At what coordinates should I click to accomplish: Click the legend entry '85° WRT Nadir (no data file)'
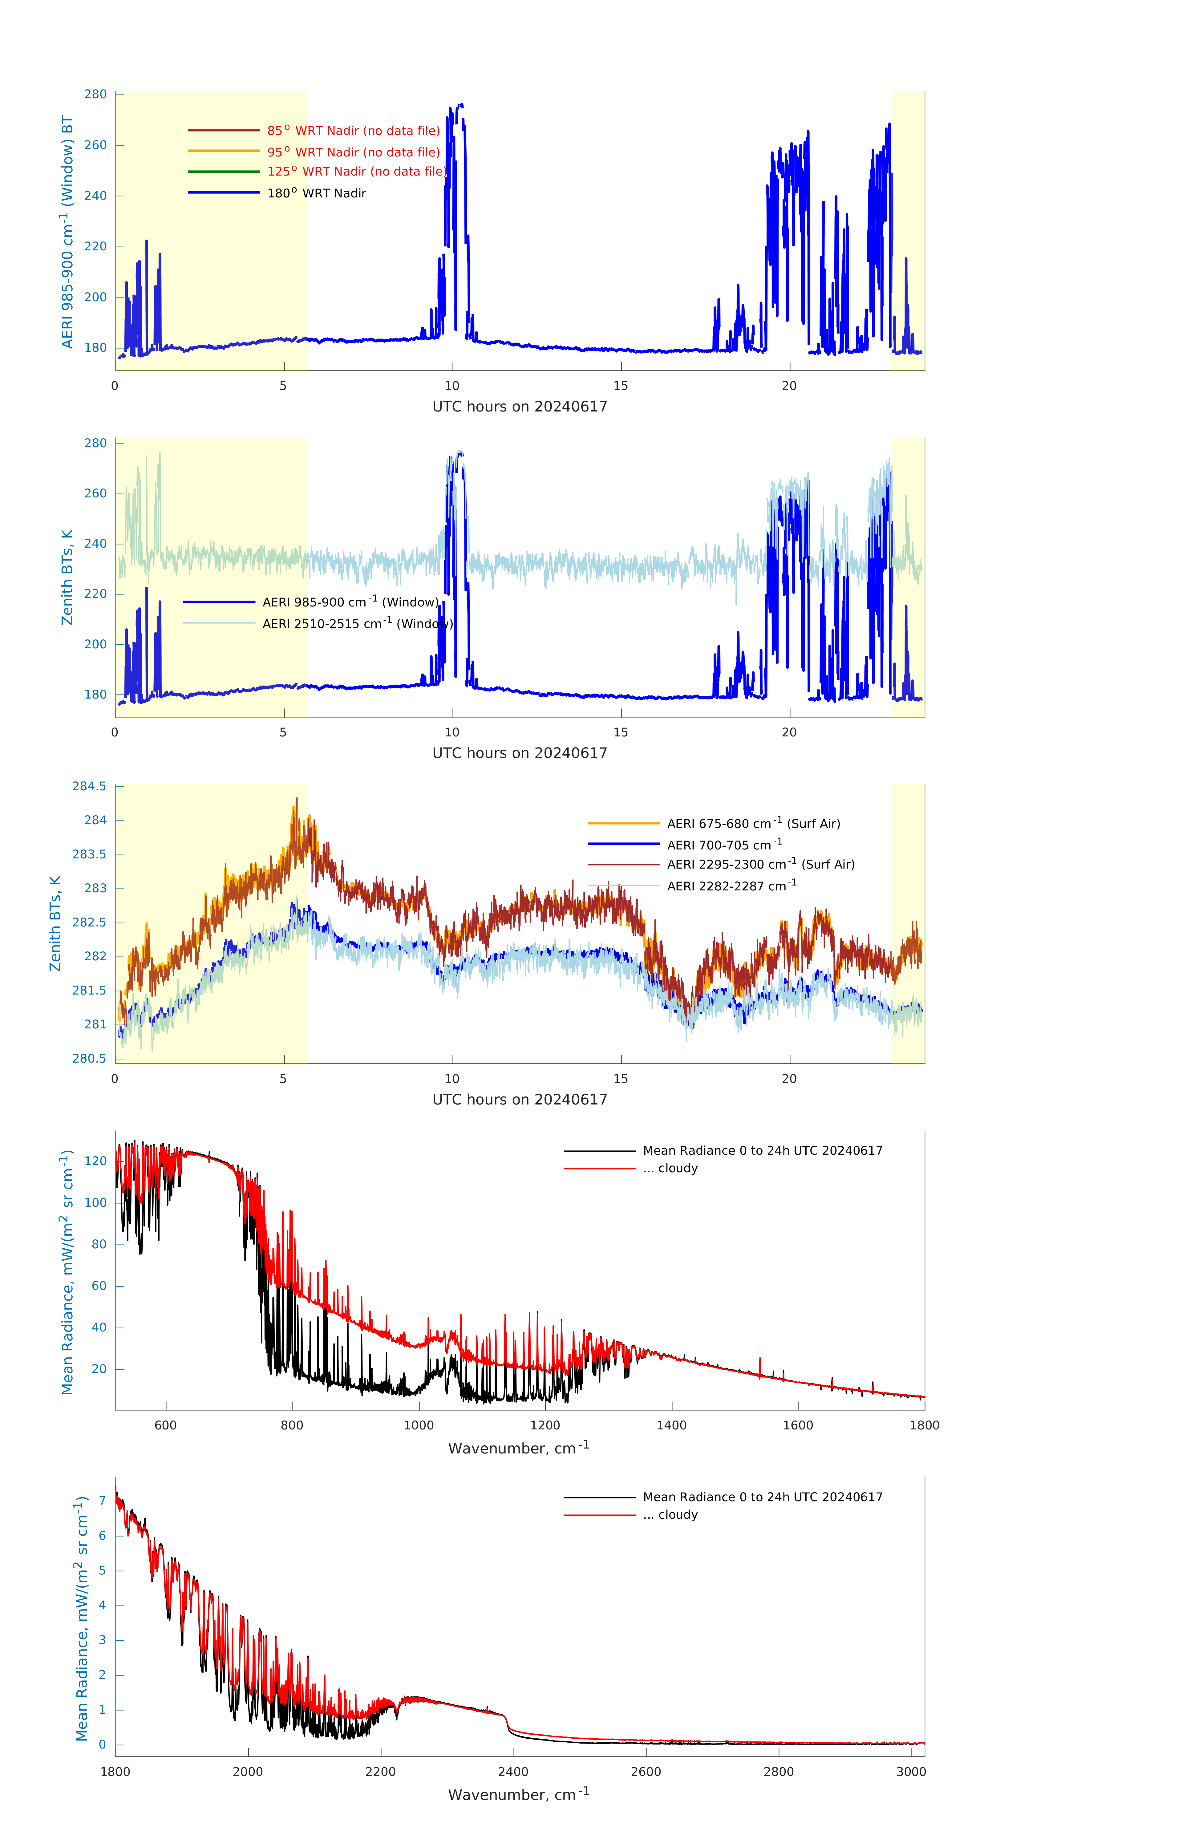pyautogui.click(x=353, y=131)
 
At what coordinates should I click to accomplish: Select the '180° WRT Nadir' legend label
pyautogui.click(x=316, y=193)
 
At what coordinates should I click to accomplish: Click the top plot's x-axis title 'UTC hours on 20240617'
pyautogui.click(x=520, y=407)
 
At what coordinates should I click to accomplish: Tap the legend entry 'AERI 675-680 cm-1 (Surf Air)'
pyautogui.click(x=753, y=824)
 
